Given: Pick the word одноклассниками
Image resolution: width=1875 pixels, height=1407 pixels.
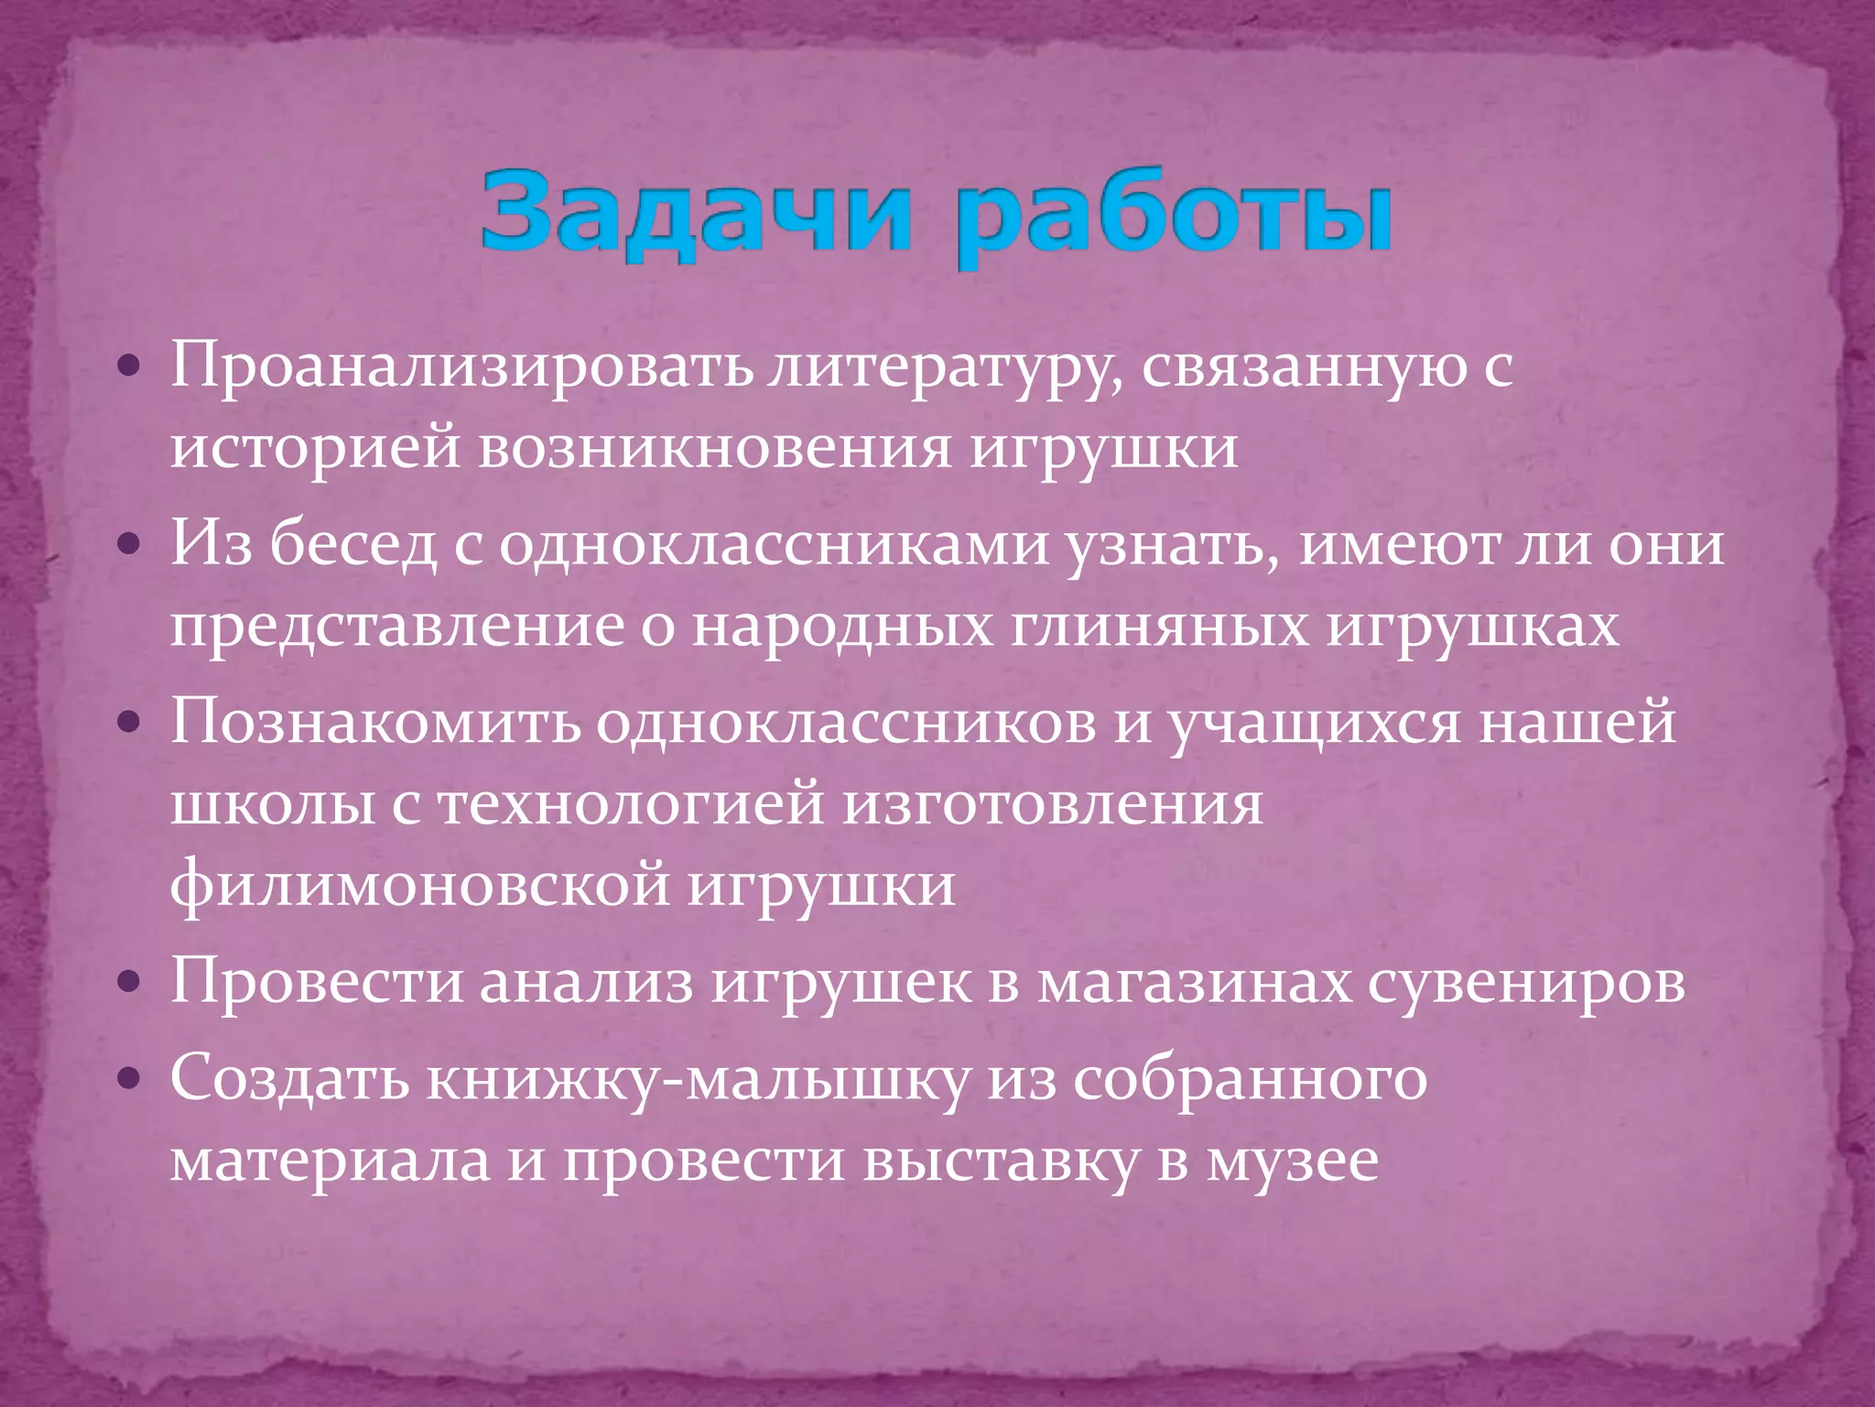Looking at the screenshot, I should click(774, 546).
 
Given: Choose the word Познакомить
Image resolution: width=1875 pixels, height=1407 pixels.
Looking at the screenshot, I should click(375, 723).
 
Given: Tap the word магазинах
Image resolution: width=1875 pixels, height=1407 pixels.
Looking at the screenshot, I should click(1195, 984).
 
